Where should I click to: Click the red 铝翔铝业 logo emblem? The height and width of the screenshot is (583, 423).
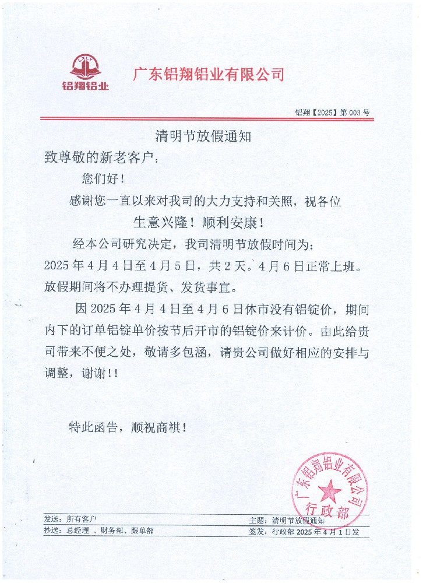pos(85,69)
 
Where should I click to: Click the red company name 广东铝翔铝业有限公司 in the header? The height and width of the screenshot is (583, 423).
pos(209,75)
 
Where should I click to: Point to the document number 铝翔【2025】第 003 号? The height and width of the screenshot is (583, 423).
pos(332,113)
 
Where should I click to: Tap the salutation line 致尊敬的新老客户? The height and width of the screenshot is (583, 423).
pos(101,157)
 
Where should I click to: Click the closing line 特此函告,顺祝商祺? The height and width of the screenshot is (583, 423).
pos(128,427)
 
